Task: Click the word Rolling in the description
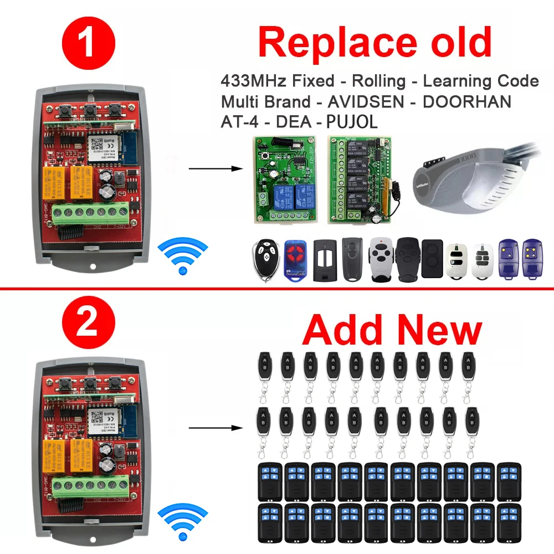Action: click(378, 81)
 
